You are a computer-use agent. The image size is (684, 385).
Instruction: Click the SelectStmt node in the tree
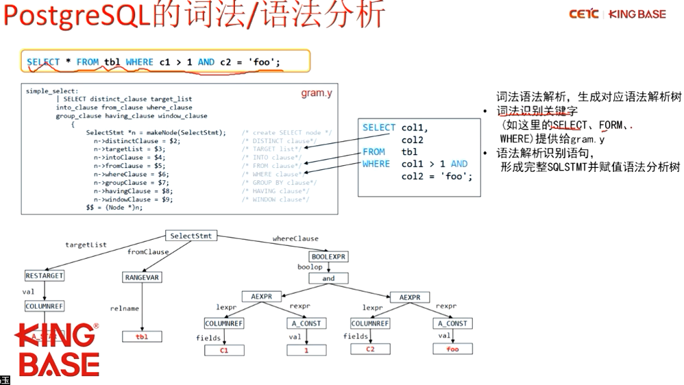click(191, 236)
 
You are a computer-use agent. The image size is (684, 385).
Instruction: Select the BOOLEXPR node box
click(329, 257)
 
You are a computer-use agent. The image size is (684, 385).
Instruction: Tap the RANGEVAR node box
click(142, 277)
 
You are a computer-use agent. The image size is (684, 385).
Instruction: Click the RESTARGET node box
click(44, 275)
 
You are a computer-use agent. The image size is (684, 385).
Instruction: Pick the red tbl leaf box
click(142, 336)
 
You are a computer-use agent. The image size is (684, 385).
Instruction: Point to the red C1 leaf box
click(223, 350)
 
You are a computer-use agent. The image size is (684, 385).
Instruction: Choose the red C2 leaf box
click(370, 349)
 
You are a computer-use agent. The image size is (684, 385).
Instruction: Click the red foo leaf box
click(452, 349)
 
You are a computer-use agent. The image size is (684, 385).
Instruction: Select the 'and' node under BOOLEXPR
click(328, 279)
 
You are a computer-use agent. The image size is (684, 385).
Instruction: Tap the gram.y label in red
click(316, 92)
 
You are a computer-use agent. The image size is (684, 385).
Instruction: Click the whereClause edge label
click(295, 238)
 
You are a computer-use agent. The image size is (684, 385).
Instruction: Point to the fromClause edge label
click(148, 252)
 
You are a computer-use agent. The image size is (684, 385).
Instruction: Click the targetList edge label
click(86, 245)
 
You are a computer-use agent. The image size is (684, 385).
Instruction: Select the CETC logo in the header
click(583, 14)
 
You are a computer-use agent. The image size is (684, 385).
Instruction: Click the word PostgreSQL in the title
click(77, 15)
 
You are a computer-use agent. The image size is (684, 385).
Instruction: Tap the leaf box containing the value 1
click(306, 350)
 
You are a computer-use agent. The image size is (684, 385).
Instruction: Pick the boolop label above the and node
click(309, 267)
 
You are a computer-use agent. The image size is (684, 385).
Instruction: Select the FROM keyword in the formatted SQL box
click(374, 151)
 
